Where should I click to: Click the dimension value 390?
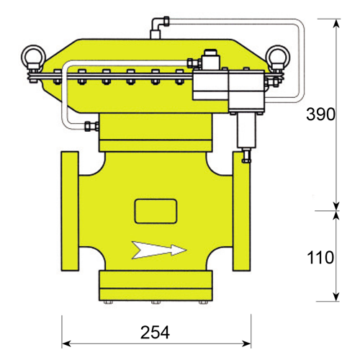320,114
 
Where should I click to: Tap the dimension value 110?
320,258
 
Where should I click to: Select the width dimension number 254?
155,333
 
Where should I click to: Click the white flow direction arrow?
159,250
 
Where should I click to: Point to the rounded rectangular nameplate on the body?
156,211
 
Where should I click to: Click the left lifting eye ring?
33,56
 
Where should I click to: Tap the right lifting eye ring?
278,57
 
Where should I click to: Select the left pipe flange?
70,211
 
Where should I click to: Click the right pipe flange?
241,211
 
